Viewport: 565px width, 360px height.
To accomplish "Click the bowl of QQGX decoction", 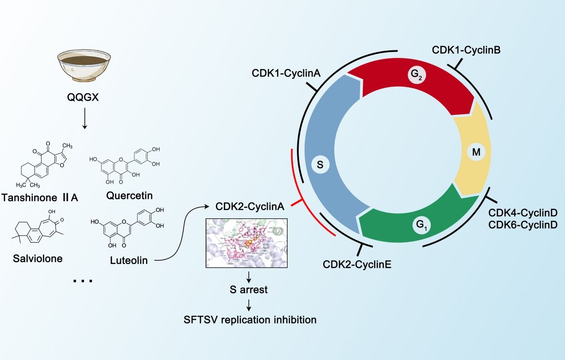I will tap(84, 65).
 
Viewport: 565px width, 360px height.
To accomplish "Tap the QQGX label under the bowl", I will tap(84, 98).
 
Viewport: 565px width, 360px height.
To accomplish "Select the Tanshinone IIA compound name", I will tap(40, 198).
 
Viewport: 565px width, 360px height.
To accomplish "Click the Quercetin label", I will tap(129, 196).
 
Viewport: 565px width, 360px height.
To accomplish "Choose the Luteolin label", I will tap(129, 261).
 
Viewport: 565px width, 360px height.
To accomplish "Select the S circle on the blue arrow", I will tap(320, 164).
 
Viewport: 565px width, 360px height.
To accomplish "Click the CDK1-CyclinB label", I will tap(466, 49).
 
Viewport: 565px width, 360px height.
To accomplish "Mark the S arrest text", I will tap(249, 291).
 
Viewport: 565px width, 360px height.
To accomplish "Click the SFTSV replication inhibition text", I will tap(249, 319).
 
